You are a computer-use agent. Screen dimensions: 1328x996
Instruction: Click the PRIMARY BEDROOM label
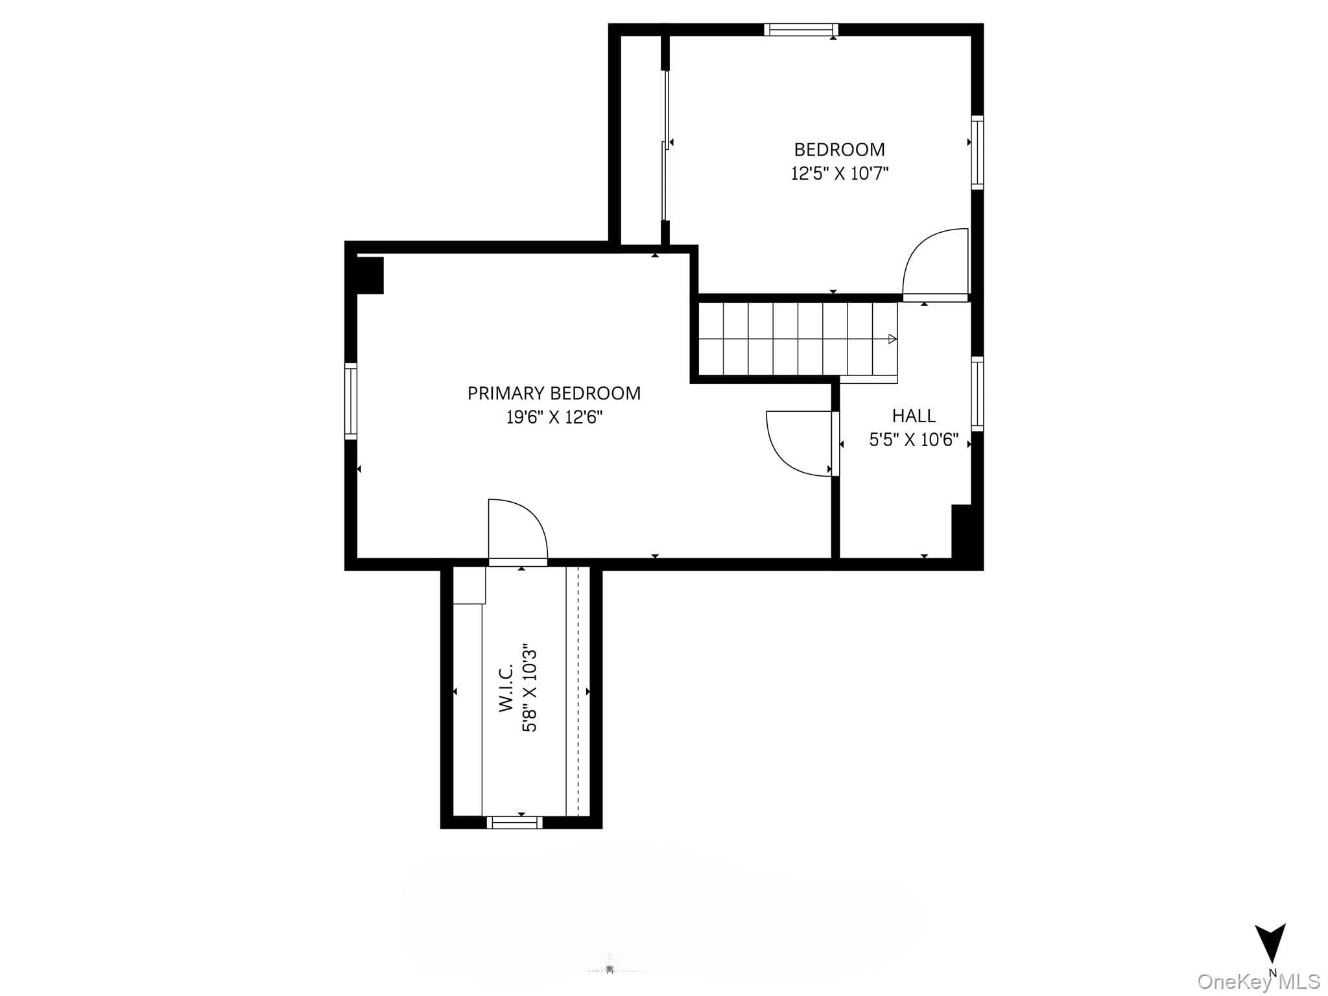coord(554,394)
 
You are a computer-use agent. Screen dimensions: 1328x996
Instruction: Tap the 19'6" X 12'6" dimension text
coord(554,418)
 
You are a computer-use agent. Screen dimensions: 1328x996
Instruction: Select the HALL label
coord(914,416)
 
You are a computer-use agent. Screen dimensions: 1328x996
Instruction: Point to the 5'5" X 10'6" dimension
coord(914,440)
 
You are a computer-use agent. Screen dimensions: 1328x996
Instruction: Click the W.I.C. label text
coord(506,687)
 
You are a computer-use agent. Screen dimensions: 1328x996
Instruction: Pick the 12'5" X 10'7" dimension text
coord(839,174)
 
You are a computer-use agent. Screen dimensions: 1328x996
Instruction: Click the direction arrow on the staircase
coord(892,339)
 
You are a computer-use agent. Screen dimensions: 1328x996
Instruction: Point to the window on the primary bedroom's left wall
coord(350,401)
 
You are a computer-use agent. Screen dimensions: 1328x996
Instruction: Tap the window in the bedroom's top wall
coord(801,29)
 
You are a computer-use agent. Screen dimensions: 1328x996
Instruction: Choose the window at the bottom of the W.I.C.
coord(515,822)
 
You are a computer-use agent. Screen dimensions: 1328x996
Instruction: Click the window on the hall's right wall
coord(977,394)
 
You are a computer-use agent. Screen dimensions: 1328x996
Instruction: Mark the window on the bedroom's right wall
coord(977,152)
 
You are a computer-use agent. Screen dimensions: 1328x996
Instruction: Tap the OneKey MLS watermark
coord(1259,981)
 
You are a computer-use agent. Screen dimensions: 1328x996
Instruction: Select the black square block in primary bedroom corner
coord(370,276)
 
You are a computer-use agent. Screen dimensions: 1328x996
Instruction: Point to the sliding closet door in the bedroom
coord(665,145)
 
